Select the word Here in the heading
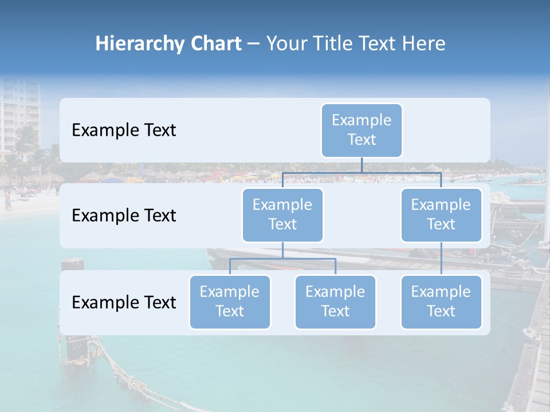pos(424,44)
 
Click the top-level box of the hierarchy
pos(362,130)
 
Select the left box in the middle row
pos(282,215)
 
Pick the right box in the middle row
pos(441,215)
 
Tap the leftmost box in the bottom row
pos(230,302)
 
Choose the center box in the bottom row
pos(335,302)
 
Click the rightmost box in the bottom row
pos(441,302)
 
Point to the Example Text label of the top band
pos(124,130)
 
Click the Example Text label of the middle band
pos(124,216)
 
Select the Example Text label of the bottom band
pos(124,302)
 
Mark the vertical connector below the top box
pos(362,164)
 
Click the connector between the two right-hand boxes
pos(441,259)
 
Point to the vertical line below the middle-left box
pos(282,250)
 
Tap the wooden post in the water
pos(73,343)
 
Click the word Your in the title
pos(286,44)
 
